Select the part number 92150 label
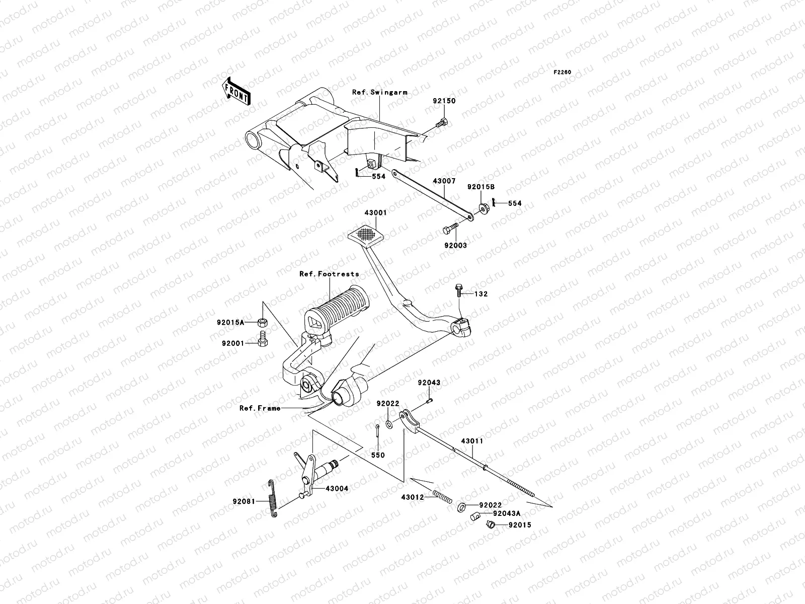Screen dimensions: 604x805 tap(444, 101)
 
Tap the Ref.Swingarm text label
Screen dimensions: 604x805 tap(386, 93)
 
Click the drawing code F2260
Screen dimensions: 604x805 tap(562, 72)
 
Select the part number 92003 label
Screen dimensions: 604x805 tap(455, 246)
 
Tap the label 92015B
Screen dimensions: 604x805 tap(480, 187)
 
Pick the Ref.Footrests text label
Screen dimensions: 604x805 tap(329, 274)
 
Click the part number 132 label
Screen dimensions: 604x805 tap(480, 294)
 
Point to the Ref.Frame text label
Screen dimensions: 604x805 tap(260, 408)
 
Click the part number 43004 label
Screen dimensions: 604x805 tap(336, 489)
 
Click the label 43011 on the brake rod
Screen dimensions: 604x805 tap(472, 441)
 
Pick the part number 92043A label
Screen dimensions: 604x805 tap(507, 514)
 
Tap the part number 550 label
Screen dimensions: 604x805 tap(377, 455)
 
